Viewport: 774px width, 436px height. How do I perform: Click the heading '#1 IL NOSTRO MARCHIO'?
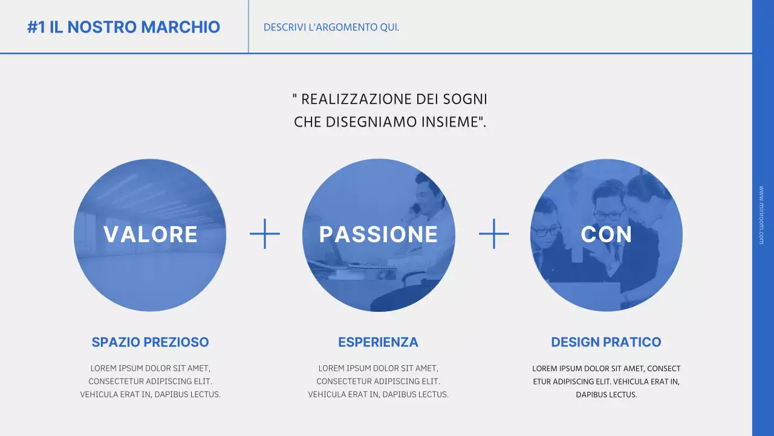click(x=123, y=27)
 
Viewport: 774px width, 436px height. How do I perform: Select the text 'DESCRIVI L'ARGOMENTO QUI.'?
click(x=331, y=27)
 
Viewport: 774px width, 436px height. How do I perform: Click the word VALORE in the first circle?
click(x=151, y=234)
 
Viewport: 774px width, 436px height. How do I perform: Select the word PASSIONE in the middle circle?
click(x=379, y=234)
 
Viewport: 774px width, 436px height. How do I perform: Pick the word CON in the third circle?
click(x=607, y=234)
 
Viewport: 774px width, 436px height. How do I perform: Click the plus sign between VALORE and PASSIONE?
click(x=265, y=234)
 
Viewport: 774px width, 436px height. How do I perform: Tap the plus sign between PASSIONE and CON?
click(x=493, y=234)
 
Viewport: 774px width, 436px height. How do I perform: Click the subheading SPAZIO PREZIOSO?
click(x=150, y=342)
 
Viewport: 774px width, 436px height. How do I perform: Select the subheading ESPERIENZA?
click(x=378, y=342)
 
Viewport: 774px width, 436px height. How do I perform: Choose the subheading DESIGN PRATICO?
click(x=606, y=342)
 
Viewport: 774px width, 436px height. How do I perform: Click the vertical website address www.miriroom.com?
click(x=761, y=215)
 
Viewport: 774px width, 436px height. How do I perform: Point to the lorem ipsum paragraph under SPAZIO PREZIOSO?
click(x=150, y=381)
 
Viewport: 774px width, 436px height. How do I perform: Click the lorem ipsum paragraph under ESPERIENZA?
click(x=378, y=381)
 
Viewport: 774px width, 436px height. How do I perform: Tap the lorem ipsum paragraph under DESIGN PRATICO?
click(x=606, y=381)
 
